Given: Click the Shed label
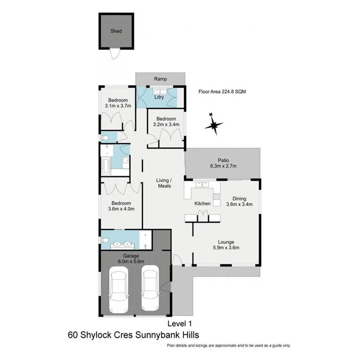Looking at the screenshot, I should click(x=116, y=31).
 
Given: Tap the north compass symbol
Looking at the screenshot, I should click(x=214, y=124).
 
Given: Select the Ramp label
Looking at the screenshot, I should click(x=160, y=79).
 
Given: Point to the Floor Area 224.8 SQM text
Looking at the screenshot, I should click(x=222, y=91).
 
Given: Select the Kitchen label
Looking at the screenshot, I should click(x=202, y=204).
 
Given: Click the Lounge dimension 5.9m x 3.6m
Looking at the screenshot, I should click(x=226, y=247).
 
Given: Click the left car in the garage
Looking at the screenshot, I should click(x=119, y=290).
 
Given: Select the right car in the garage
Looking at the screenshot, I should click(x=150, y=290).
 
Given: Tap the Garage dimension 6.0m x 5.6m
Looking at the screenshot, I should click(x=131, y=261).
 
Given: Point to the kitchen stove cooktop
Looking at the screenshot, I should click(x=216, y=196).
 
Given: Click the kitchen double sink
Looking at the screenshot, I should click(x=202, y=185).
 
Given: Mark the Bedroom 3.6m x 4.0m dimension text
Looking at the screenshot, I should click(x=121, y=208).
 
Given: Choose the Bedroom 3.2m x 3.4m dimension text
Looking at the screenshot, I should click(x=166, y=124).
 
